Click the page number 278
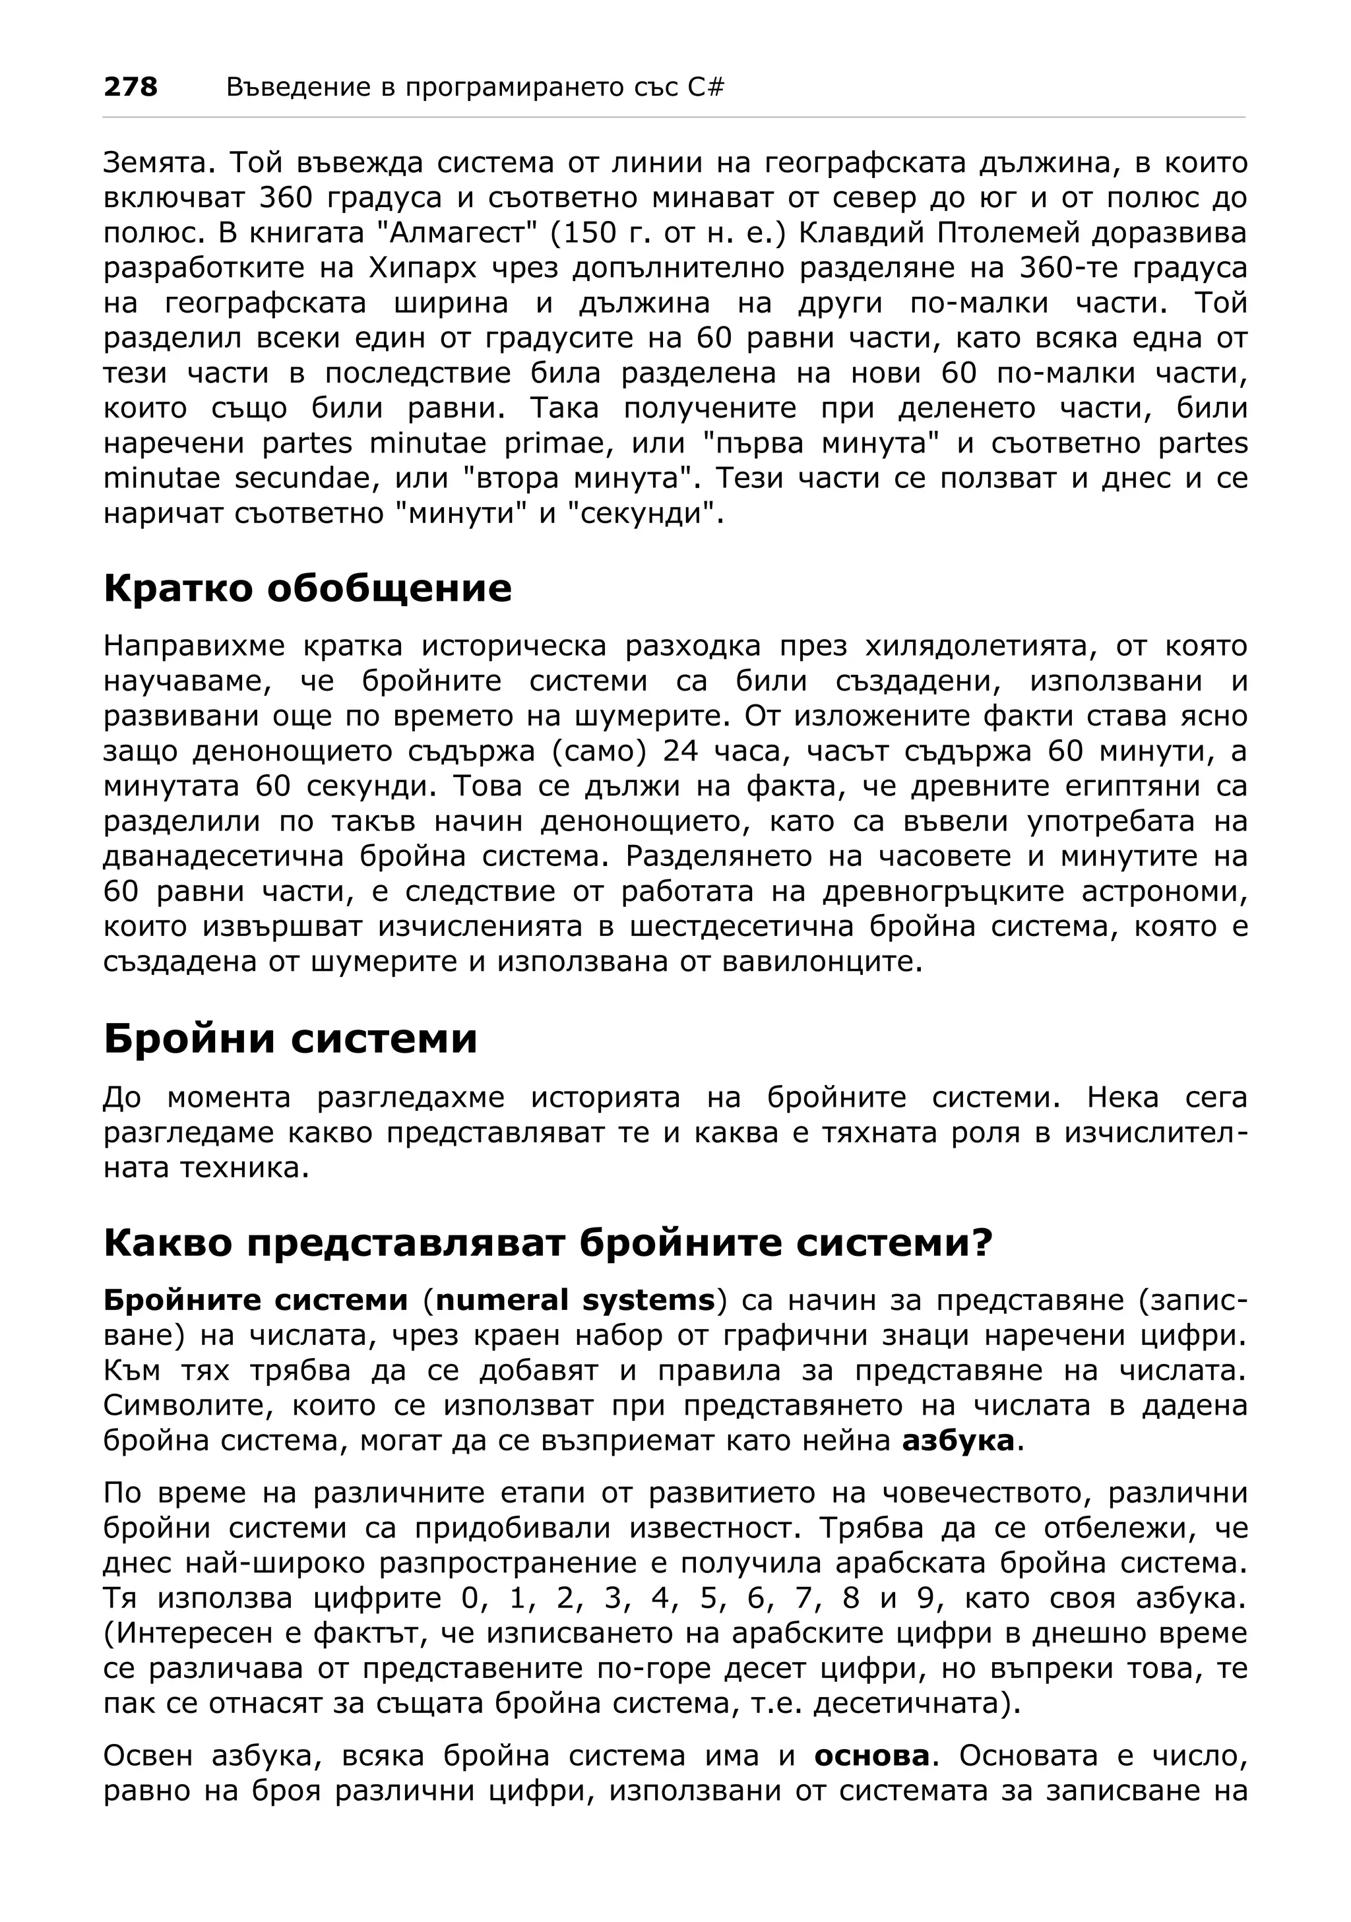pyautogui.click(x=130, y=86)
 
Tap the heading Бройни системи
pyautogui.click(x=290, y=1039)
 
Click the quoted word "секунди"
pyautogui.click(x=641, y=513)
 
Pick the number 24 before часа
pyautogui.click(x=679, y=751)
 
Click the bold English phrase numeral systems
pyautogui.click(x=576, y=1301)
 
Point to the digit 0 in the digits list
pyautogui.click(x=471, y=1598)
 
